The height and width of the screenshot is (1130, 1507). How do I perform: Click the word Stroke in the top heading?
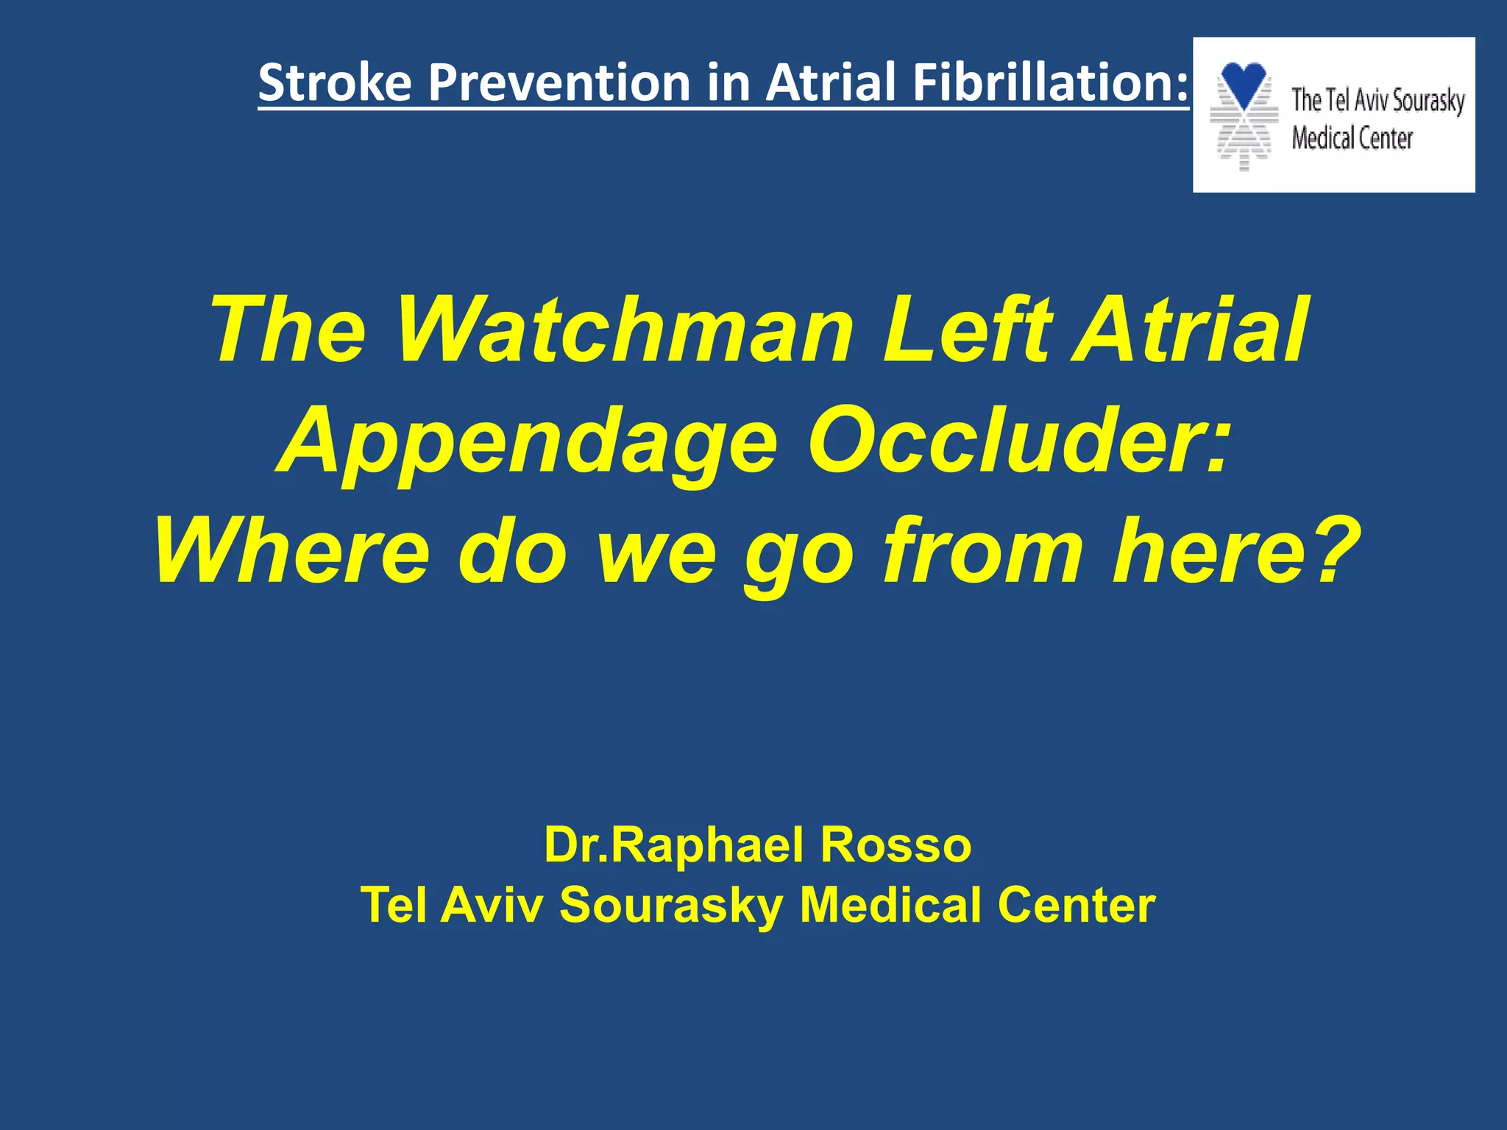tap(335, 82)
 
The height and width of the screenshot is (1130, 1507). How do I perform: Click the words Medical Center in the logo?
tap(1352, 138)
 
